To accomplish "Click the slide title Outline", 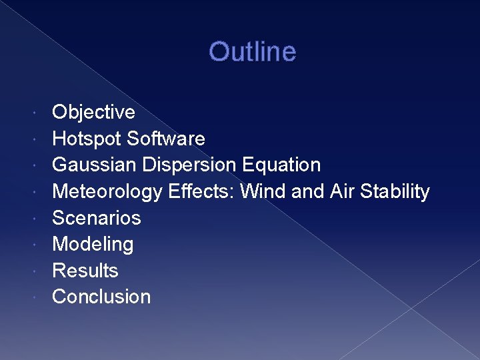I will [252, 51].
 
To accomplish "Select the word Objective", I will [93, 112].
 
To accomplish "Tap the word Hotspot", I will [87, 139].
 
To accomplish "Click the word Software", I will [165, 139].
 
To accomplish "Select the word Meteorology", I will [107, 191].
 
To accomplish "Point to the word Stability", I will [395, 191].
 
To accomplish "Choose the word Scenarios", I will [97, 218].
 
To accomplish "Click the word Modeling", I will [93, 244].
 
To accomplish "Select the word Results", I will [85, 271].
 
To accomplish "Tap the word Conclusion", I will [101, 297].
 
